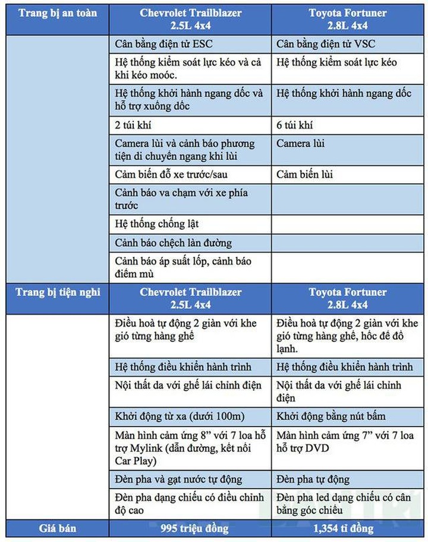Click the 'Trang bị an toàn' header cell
pyautogui.click(x=58, y=13)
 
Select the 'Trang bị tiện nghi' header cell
pyautogui.click(x=58, y=292)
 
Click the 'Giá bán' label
pyautogui.click(x=58, y=528)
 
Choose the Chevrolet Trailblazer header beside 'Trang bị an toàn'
pyautogui.click(x=191, y=19)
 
